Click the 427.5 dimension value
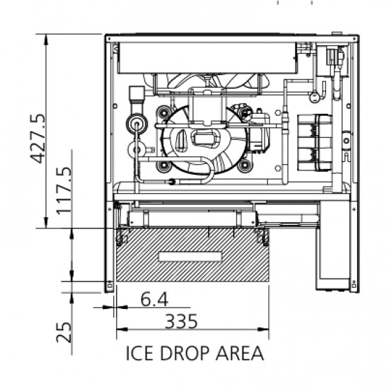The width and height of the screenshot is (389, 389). click(38, 139)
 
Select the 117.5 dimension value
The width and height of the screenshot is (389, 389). click(64, 191)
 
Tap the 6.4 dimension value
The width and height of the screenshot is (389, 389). click(154, 299)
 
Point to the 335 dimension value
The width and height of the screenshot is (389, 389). click(181, 321)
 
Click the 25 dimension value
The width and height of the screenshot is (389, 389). click(64, 332)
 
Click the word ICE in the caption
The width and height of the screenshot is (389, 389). click(139, 353)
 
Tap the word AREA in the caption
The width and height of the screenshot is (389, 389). click(240, 353)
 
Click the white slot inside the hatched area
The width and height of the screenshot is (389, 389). click(190, 257)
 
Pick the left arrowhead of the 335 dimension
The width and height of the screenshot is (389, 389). click(122, 330)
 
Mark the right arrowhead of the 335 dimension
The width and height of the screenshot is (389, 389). click(263, 330)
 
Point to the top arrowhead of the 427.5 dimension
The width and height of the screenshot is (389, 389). click(46, 40)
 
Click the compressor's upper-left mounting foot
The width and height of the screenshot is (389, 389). click(164, 113)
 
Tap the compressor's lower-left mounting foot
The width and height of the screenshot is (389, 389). click(164, 166)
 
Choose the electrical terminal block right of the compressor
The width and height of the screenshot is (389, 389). click(315, 143)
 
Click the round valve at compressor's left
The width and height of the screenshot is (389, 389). click(137, 123)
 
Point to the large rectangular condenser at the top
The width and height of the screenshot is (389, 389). click(207, 58)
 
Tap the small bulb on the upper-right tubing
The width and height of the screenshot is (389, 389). click(314, 97)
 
